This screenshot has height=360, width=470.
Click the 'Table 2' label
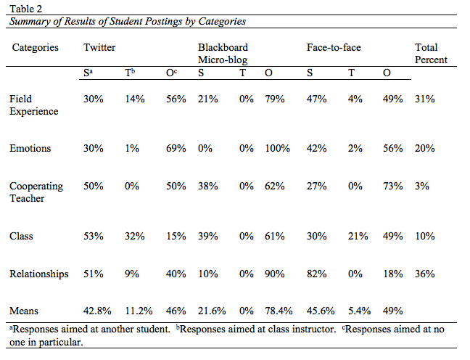click(x=26, y=9)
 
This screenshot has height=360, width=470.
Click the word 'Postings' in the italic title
click(x=164, y=21)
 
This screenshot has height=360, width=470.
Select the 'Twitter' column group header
click(x=99, y=47)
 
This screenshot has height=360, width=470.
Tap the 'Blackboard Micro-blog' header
click(x=223, y=54)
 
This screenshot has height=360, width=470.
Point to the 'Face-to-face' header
click(x=334, y=47)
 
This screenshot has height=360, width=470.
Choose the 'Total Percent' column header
click(x=431, y=54)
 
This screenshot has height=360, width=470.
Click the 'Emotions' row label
click(x=30, y=148)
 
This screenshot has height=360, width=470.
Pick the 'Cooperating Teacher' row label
click(x=36, y=192)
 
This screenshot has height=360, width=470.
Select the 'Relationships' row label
click(x=39, y=274)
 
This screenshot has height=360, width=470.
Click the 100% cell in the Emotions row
click(x=277, y=148)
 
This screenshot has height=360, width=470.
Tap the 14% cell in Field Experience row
click(x=135, y=99)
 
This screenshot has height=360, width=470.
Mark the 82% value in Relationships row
click(x=316, y=274)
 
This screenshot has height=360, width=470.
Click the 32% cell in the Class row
click(x=135, y=236)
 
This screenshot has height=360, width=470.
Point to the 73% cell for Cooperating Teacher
click(x=392, y=186)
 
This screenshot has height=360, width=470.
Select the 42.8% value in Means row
click(x=97, y=311)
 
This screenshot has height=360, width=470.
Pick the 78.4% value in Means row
click(x=279, y=311)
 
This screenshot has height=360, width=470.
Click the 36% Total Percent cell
click(x=425, y=274)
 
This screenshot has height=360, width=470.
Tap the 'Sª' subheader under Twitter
click(x=88, y=73)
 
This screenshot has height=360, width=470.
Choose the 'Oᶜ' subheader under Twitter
click(x=171, y=73)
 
